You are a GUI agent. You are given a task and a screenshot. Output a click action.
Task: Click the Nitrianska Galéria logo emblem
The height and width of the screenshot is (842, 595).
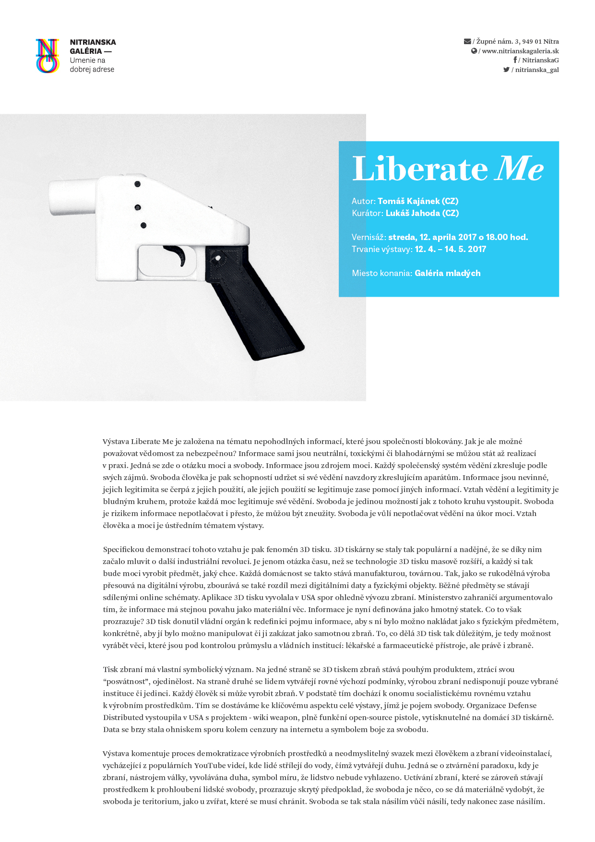click(48, 56)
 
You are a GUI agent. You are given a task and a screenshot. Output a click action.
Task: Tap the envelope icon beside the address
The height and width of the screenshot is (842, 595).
click(467, 41)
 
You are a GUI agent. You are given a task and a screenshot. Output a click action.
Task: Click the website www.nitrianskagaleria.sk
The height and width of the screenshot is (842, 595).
click(520, 51)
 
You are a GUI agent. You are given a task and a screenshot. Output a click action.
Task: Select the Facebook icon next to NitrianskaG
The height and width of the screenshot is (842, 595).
click(515, 60)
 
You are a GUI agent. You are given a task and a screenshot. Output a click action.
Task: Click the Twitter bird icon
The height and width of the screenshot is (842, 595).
click(506, 70)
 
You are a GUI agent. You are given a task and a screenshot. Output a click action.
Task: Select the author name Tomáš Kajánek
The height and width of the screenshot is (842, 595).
click(408, 201)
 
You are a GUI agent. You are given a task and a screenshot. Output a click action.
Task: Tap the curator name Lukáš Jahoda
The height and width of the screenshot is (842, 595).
click(413, 213)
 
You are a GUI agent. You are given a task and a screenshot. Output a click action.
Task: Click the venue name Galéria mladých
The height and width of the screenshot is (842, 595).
click(447, 273)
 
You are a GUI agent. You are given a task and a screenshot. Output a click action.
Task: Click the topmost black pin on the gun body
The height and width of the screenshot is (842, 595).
click(137, 184)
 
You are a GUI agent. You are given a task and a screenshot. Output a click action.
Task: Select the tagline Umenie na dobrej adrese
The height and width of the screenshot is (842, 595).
click(92, 65)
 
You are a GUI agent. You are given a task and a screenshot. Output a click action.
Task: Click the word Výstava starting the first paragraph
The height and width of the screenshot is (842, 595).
click(116, 442)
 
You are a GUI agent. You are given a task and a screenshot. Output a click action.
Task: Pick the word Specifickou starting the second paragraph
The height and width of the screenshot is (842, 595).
click(123, 550)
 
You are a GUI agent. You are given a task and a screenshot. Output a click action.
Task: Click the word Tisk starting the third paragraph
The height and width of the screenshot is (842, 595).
click(111, 670)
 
